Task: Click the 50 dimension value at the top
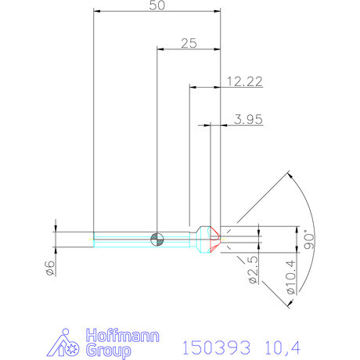[157, 5]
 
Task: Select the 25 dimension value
[189, 43]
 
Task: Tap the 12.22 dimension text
[245, 81]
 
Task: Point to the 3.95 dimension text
[248, 119]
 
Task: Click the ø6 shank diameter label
[50, 268]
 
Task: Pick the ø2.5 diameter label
[253, 269]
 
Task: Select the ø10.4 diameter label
[291, 277]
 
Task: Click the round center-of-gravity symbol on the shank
[157, 239]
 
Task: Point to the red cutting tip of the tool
[215, 239]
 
